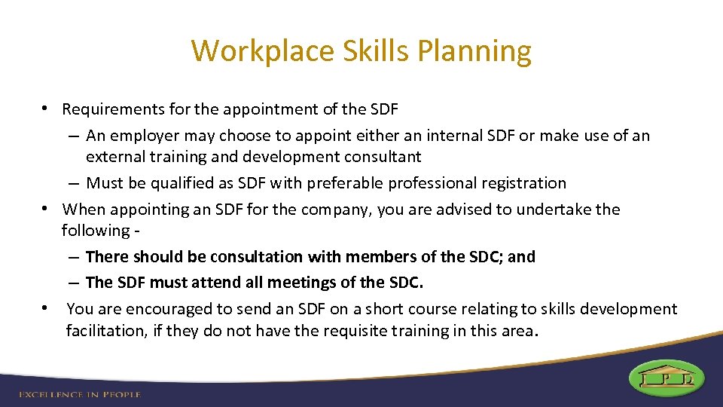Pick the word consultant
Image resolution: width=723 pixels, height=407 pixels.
tap(384, 157)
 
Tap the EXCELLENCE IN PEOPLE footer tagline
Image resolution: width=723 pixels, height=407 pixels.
tap(80, 394)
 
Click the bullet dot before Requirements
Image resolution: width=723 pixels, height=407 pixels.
tap(46, 109)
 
